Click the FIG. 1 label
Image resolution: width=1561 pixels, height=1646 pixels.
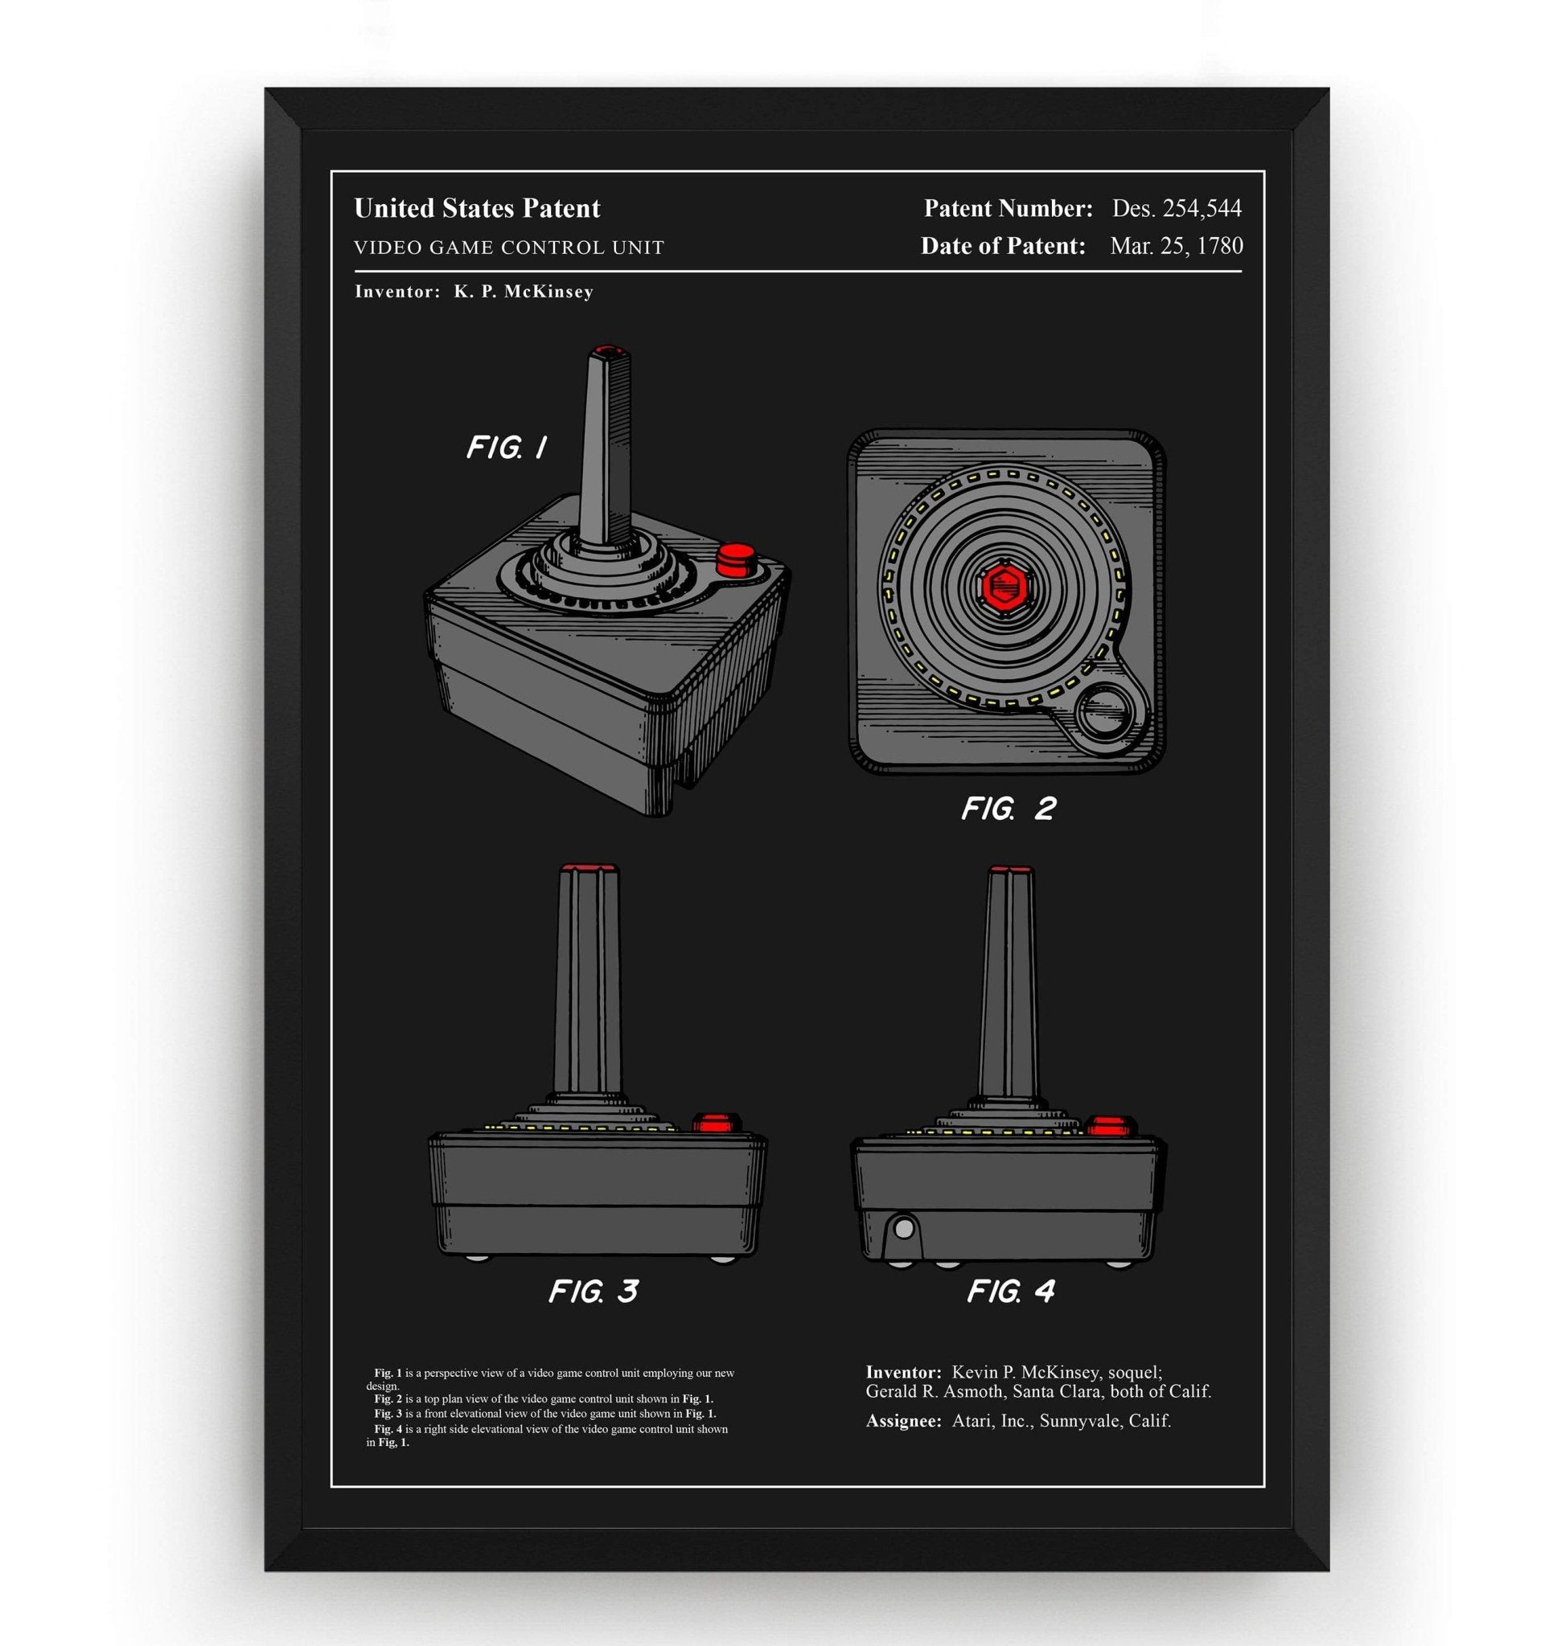tap(506, 448)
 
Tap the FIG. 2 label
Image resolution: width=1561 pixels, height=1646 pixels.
tap(1008, 808)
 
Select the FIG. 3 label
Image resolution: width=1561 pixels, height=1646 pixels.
tap(593, 1290)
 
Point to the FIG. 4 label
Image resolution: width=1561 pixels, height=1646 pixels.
tap(1010, 1290)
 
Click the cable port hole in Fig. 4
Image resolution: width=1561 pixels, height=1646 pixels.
tap(904, 1226)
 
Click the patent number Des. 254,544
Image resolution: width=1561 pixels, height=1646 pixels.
tap(1177, 208)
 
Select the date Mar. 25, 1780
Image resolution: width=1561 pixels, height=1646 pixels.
tap(1176, 246)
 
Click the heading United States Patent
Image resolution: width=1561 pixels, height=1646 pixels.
tap(477, 208)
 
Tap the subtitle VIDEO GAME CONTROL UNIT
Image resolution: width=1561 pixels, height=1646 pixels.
tap(508, 248)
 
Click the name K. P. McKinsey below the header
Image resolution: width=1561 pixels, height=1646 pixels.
tap(524, 292)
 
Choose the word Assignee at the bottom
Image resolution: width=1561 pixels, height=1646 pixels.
tap(903, 1421)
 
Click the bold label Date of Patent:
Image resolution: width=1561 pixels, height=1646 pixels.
tap(1003, 246)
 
